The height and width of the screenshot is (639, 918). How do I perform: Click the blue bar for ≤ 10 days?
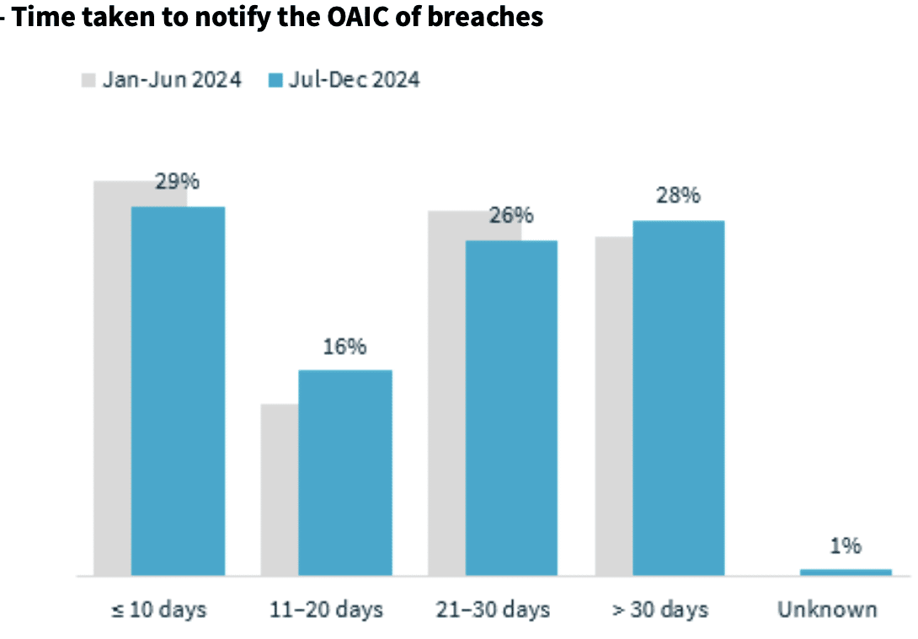tap(178, 391)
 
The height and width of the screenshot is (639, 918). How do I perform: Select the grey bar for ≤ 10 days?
tap(112, 379)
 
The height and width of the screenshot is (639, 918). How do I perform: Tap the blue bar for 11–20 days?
tap(345, 473)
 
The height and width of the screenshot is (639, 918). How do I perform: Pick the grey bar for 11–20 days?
tap(280, 490)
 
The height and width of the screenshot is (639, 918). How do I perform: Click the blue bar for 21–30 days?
tap(512, 408)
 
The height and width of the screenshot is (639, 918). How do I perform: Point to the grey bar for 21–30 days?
tap(446, 393)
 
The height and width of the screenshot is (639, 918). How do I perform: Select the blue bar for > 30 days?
tap(679, 398)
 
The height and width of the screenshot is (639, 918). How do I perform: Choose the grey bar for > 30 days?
tap(614, 406)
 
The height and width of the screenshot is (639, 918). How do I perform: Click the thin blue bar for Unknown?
tap(846, 572)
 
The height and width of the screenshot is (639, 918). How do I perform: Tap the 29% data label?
tap(177, 181)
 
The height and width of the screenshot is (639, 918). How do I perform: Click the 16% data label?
tap(344, 346)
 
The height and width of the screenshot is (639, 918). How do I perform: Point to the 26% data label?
tap(511, 215)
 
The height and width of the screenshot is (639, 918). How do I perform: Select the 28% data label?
tap(678, 196)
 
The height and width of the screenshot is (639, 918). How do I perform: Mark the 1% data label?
tap(846, 545)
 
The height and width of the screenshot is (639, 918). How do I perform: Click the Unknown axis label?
tap(827, 609)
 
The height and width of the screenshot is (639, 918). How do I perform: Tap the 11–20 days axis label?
tap(326, 609)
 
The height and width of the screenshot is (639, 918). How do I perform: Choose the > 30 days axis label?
tap(660, 609)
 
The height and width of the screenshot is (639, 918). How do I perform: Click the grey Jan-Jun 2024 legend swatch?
tap(88, 80)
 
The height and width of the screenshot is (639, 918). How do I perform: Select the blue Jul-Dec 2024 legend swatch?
tap(275, 80)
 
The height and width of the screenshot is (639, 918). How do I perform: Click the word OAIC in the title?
tap(358, 16)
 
